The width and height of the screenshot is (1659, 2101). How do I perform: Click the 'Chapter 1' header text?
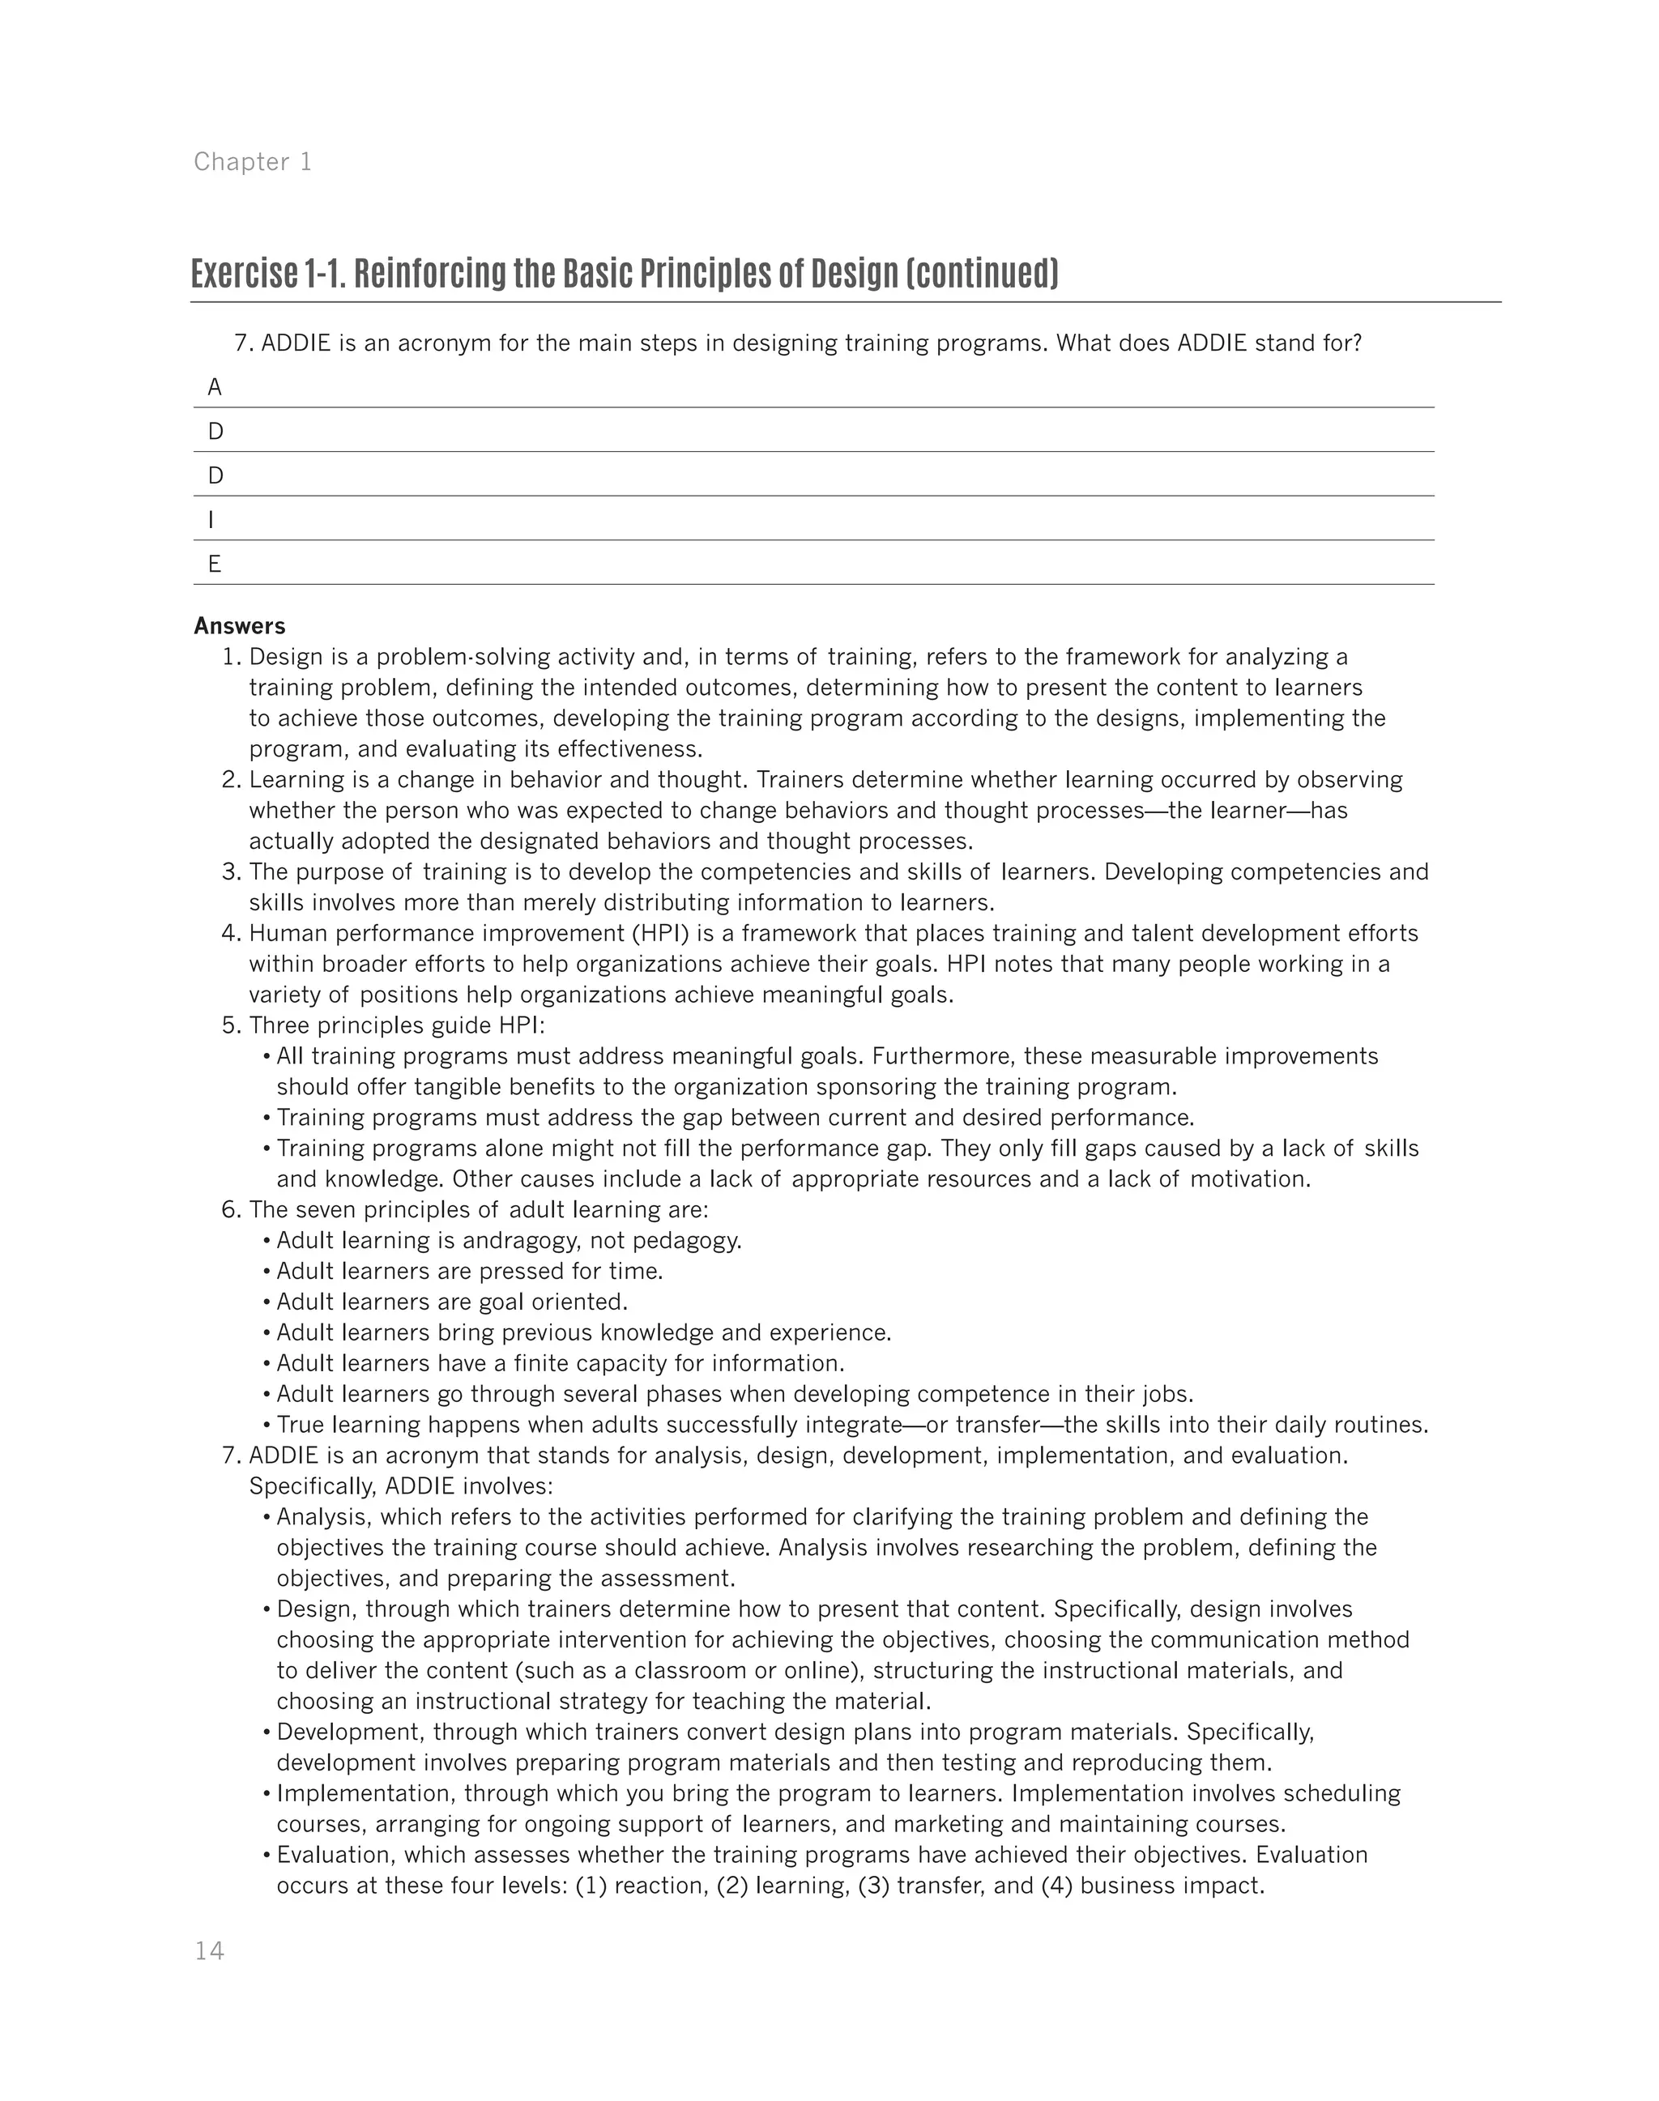tap(253, 161)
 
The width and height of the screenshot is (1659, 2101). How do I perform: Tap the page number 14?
tap(209, 1951)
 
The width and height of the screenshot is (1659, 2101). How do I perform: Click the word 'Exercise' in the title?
tap(244, 275)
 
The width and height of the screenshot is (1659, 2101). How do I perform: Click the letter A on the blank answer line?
tap(215, 388)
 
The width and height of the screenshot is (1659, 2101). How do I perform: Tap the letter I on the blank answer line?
tap(211, 520)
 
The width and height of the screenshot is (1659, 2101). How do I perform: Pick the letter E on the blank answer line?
tap(215, 565)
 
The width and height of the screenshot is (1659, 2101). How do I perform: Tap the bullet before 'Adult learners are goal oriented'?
tap(267, 1302)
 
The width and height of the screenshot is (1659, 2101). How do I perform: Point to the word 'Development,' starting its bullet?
tap(351, 1732)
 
